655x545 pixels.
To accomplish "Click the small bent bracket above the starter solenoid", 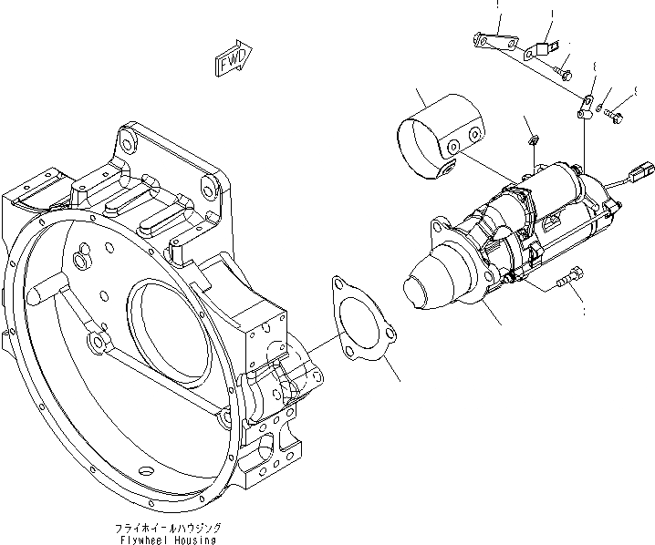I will tap(587, 102).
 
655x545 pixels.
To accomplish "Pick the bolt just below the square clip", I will tap(563, 70).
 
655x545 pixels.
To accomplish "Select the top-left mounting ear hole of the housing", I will tap(127, 139).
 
